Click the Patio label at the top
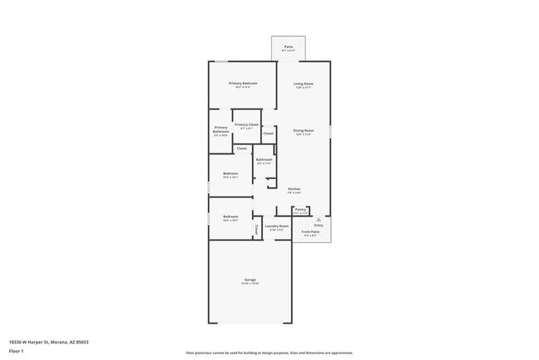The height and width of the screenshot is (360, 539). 288,46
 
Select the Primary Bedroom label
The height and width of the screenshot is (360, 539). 243,83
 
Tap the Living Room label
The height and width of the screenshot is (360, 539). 303,83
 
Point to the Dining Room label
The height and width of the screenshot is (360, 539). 303,130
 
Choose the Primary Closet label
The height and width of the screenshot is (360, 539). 246,124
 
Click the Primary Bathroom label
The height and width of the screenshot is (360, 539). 221,129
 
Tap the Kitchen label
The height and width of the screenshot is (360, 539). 294,189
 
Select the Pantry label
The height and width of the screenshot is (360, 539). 301,209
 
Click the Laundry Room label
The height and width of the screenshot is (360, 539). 276,226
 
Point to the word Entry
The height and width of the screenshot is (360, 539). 318,226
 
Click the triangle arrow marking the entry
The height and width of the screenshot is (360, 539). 318,219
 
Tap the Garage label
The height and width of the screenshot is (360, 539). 250,280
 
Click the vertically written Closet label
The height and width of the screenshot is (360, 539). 256,230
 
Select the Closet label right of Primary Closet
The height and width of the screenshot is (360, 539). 268,134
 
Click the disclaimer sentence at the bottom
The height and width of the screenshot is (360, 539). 269,353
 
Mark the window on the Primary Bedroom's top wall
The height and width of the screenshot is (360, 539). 221,61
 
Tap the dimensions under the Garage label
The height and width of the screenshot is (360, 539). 250,285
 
